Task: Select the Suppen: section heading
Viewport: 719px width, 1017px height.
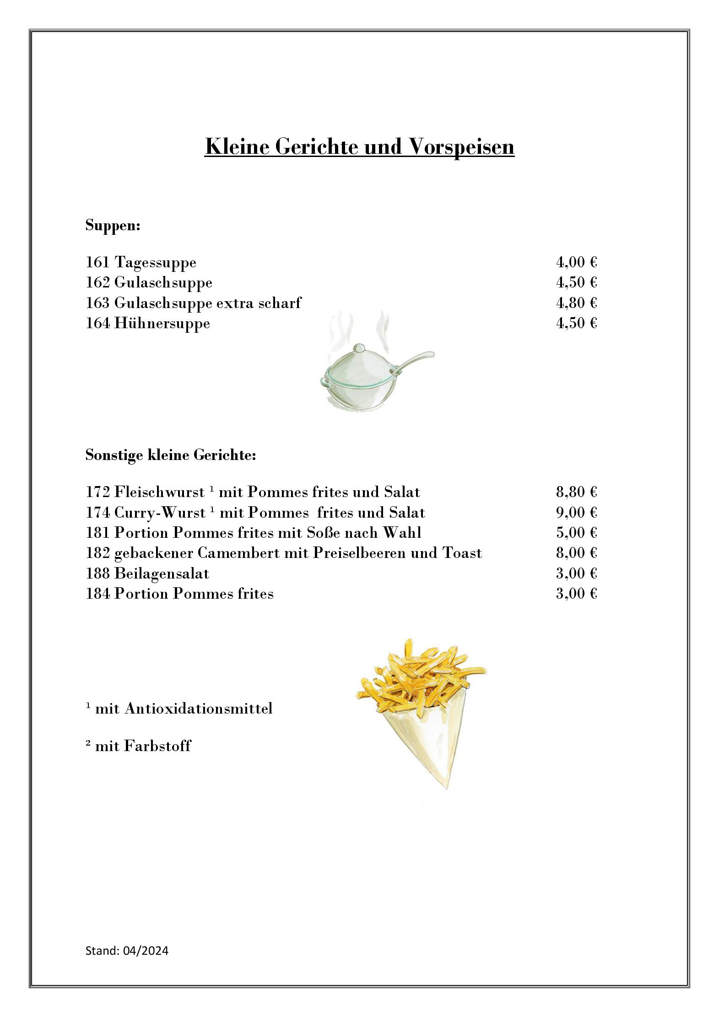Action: (x=113, y=226)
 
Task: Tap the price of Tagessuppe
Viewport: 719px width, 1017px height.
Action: (x=576, y=262)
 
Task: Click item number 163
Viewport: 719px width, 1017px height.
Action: (x=97, y=303)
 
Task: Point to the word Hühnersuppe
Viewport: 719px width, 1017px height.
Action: (x=162, y=324)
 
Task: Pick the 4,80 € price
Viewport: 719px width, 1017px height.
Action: (x=576, y=303)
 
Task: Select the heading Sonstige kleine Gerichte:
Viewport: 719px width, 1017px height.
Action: (x=170, y=455)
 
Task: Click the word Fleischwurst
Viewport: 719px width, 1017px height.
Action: (x=159, y=492)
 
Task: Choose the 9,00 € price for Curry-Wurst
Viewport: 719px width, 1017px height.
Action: (x=576, y=513)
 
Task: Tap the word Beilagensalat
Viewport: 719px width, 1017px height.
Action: (x=162, y=574)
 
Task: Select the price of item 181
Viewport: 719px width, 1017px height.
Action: (x=576, y=533)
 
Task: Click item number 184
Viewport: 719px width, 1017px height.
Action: (x=97, y=594)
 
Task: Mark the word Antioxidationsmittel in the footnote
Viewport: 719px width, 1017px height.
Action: (x=198, y=709)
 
